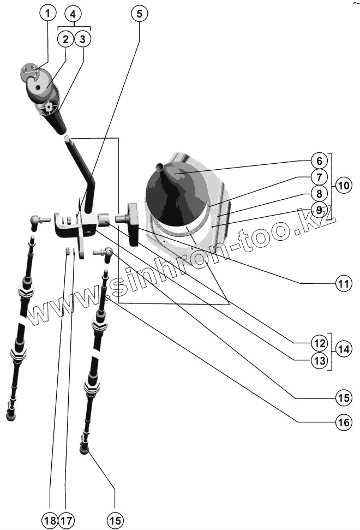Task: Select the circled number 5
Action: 139,13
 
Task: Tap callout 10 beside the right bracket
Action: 344,185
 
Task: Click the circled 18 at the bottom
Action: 50,520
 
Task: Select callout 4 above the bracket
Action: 74,13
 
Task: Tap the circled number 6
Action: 319,161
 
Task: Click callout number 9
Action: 319,209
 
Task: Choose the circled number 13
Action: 319,360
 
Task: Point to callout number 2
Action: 65,39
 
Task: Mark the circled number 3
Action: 82,39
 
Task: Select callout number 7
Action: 319,177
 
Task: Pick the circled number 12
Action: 319,344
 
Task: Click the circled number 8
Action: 319,193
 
